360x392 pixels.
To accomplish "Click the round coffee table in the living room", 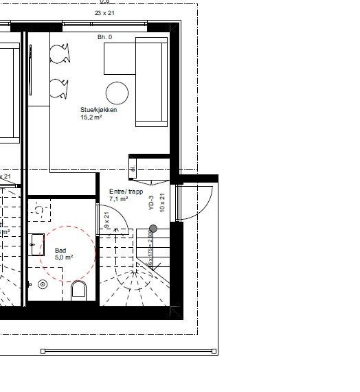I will [x=117, y=93].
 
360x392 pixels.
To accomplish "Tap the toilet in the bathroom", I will [x=80, y=290].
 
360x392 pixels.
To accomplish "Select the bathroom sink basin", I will [x=37, y=241].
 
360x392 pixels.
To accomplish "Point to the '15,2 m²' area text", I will [x=92, y=117].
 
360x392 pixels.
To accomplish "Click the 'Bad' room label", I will [x=60, y=251].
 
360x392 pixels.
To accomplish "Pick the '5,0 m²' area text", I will [x=64, y=258].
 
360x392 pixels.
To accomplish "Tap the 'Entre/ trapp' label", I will [x=126, y=192].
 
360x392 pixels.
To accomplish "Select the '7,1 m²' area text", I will [x=120, y=199].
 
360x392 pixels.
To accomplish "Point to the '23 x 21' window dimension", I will [x=105, y=13].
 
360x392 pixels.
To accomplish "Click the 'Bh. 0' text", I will [x=105, y=36].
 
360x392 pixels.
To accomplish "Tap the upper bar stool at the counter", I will [x=60, y=53].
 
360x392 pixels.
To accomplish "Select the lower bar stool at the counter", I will [x=60, y=88].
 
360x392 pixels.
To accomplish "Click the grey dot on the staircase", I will [x=153, y=229].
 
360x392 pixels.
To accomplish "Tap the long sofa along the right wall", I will [x=151, y=82].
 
